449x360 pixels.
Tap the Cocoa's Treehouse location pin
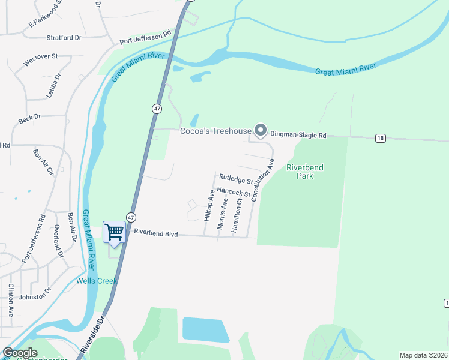coord(260,130)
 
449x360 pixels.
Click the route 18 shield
coord(380,138)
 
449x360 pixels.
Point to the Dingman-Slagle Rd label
coord(298,136)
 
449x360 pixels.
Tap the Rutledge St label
coord(236,179)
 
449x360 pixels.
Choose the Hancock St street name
coord(234,192)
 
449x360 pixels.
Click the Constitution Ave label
coord(262,179)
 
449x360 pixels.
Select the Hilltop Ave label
coord(210,206)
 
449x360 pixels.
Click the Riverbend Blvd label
coord(156,233)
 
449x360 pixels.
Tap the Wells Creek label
coord(97,281)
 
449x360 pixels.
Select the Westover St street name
coord(40,60)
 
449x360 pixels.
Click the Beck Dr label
coord(29,119)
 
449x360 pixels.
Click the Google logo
coord(20,352)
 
